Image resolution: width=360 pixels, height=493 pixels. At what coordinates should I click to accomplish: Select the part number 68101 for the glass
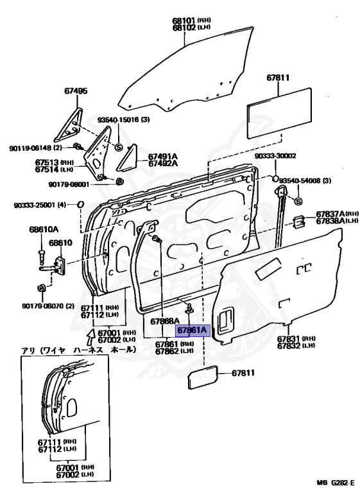coord(183,21)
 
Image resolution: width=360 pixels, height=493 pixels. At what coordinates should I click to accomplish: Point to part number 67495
coord(75,91)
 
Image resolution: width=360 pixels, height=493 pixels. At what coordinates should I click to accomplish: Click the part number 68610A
coord(43,229)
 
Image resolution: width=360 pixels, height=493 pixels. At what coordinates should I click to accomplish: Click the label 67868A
coord(166,321)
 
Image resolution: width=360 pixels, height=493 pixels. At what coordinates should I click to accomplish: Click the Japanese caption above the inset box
coord(78,350)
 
